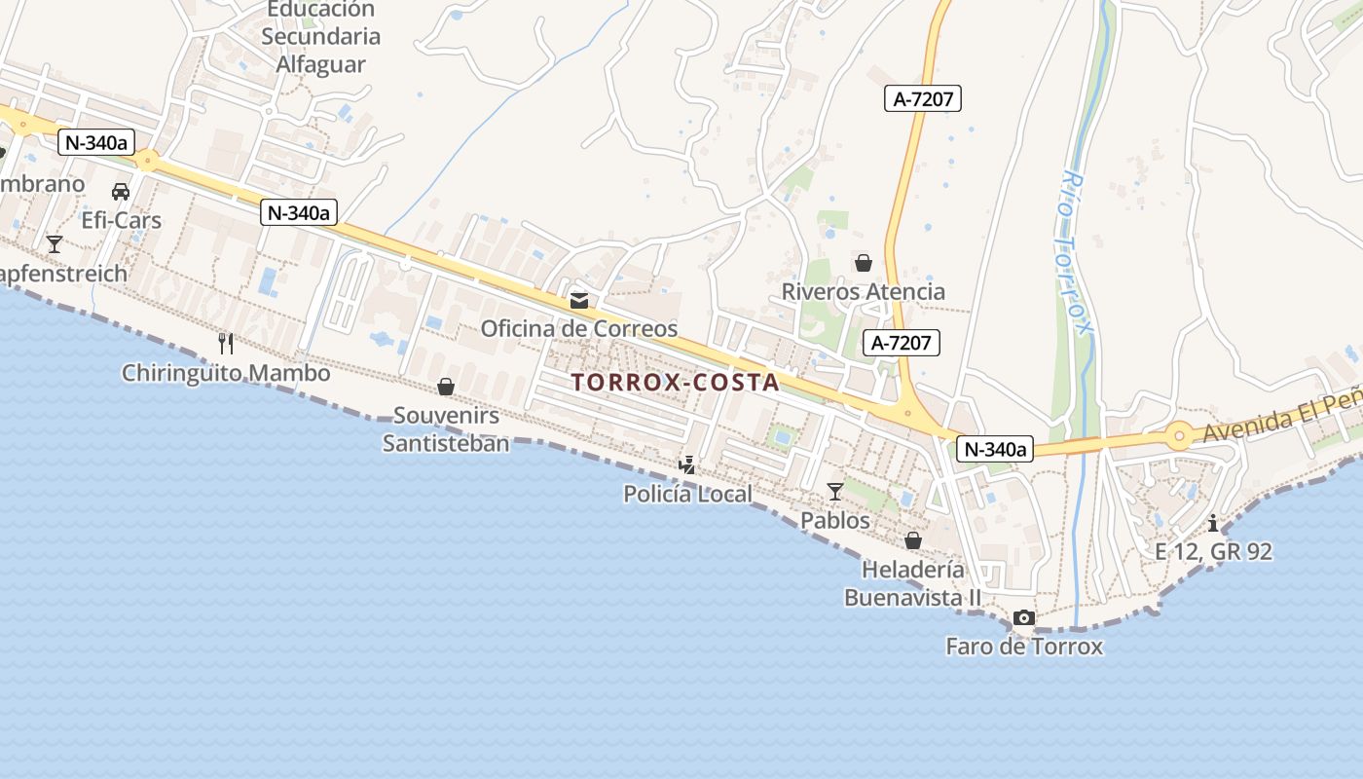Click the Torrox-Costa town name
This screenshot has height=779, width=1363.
[675, 382]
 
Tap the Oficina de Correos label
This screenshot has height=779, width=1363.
[578, 328]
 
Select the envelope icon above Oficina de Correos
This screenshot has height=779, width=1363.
[579, 300]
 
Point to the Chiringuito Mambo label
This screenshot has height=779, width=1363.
[226, 373]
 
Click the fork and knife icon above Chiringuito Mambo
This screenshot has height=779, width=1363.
[226, 343]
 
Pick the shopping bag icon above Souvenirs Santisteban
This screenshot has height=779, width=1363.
[446, 387]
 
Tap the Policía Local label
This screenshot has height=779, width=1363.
[687, 494]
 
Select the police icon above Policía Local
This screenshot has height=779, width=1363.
[687, 464]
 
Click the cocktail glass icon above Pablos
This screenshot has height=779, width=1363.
[834, 491]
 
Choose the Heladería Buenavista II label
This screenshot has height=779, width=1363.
[912, 583]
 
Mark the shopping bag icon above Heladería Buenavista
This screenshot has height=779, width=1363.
[913, 539]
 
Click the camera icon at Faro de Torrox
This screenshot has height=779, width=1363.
[1023, 617]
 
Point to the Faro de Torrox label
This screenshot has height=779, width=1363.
[1024, 646]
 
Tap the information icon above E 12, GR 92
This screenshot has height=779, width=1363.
[1213, 523]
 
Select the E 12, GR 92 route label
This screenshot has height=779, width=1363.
[1213, 551]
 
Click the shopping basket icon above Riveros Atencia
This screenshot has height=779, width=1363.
[863, 263]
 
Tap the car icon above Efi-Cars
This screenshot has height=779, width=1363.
[121, 191]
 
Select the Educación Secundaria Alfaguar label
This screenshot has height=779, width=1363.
[320, 37]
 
